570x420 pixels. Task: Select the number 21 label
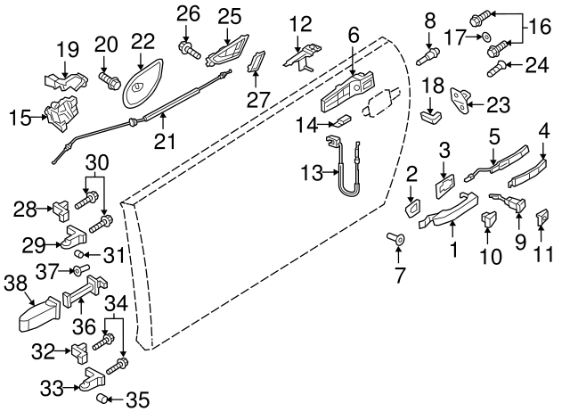pos(165,140)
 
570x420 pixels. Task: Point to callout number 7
pos(398,276)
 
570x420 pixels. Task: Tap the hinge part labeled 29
pos(74,238)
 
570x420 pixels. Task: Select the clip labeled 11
pos(541,216)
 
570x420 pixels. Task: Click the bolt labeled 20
pos(110,81)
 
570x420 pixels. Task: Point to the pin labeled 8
pos(428,54)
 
